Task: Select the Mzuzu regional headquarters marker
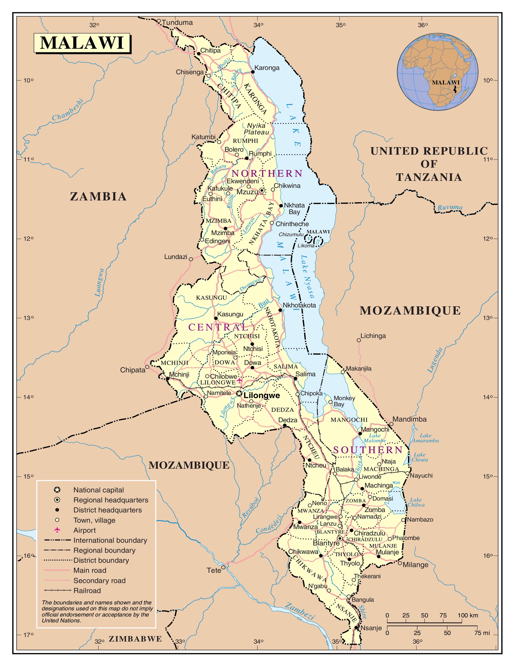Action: point(262,191)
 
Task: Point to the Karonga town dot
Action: point(253,72)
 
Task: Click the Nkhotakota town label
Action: point(299,305)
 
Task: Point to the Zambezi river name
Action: point(299,611)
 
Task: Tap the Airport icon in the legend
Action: point(57,530)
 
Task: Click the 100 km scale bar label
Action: point(468,615)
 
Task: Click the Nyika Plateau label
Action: point(256,129)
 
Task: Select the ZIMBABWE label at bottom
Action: point(135,639)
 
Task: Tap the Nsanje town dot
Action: point(356,628)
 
